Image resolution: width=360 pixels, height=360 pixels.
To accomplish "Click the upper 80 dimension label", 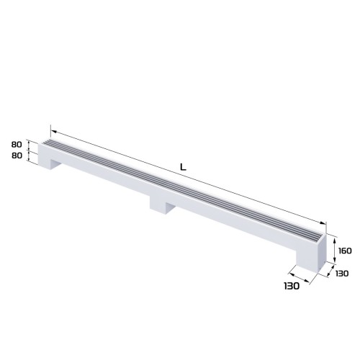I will (x=18, y=145).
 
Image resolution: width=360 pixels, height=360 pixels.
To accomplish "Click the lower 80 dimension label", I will (x=18, y=155).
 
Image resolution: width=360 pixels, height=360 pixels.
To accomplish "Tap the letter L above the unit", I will (x=184, y=168).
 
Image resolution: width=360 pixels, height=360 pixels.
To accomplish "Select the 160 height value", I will (x=343, y=251).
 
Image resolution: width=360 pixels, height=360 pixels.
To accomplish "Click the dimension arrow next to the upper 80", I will (x=30, y=145).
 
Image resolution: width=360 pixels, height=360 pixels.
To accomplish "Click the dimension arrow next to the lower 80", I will (x=30, y=156).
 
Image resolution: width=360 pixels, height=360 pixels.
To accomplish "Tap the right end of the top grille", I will (x=320, y=235).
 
